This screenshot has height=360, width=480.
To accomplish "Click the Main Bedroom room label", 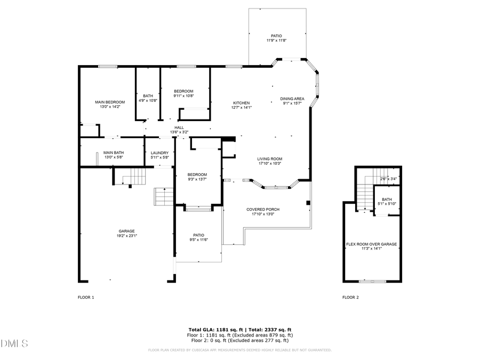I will pos(110,102).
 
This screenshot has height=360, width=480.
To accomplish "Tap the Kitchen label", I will pos(241,103).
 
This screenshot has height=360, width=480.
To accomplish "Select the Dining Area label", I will pos(292,99).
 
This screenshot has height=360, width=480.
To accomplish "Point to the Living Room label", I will pos(270,159).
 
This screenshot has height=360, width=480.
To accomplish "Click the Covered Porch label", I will pos(262,210).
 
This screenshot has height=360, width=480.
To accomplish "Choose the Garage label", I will pos(126,231).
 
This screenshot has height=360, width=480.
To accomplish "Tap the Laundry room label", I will pos(159,153).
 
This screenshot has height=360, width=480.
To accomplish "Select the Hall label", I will pos(179,127).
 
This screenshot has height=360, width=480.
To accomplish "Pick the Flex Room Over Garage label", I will pos(371,244).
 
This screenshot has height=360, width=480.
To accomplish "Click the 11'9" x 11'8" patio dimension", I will pos(277,41).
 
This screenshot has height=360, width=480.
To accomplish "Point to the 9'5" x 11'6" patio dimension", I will pos(198,239).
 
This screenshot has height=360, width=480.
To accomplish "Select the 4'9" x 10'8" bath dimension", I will pos(148,100).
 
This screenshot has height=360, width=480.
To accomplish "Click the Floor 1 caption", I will pos(86,297).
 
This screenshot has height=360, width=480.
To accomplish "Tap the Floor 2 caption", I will pos(350,297).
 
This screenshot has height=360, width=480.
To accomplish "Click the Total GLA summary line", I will pos(239,330).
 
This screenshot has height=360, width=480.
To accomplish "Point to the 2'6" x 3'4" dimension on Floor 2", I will pos(388,179).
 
